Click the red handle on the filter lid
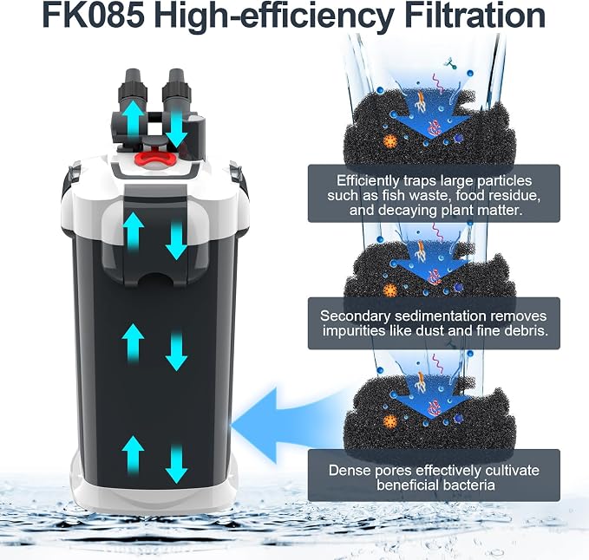[x=155, y=158]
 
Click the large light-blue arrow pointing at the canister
[x=285, y=426]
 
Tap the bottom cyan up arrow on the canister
[x=133, y=455]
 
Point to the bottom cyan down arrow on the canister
[x=176, y=464]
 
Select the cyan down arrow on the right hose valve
[x=176, y=129]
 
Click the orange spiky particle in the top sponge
[x=390, y=142]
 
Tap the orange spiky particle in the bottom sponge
[x=390, y=422]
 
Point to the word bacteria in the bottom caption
[x=467, y=485]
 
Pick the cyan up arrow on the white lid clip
[x=133, y=231]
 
